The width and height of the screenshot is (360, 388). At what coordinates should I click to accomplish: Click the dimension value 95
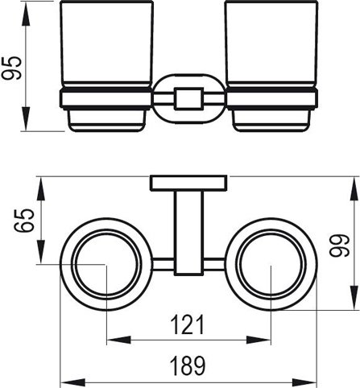click(x=12, y=68)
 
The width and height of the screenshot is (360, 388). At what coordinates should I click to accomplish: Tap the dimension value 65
click(x=24, y=221)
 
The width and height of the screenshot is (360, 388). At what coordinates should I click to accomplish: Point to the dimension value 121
click(x=188, y=324)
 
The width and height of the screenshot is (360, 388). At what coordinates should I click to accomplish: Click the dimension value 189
click(x=188, y=365)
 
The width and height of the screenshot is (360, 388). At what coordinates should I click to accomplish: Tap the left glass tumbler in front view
click(x=107, y=44)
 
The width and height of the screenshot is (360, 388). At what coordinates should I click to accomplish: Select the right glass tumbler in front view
click(x=271, y=44)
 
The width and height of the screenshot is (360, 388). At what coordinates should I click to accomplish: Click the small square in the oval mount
click(x=188, y=98)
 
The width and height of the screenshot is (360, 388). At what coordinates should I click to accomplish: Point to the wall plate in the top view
click(x=188, y=184)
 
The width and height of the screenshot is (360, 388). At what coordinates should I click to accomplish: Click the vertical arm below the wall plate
click(x=188, y=233)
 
